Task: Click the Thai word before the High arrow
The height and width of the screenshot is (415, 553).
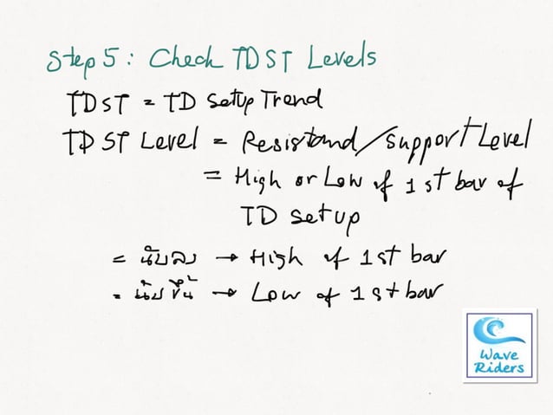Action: click(172, 257)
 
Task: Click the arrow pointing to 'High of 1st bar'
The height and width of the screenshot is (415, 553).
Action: click(228, 257)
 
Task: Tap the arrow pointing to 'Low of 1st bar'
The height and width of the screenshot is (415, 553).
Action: click(228, 295)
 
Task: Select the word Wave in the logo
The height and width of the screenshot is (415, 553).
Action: click(499, 355)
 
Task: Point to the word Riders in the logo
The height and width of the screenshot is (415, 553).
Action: click(499, 369)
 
